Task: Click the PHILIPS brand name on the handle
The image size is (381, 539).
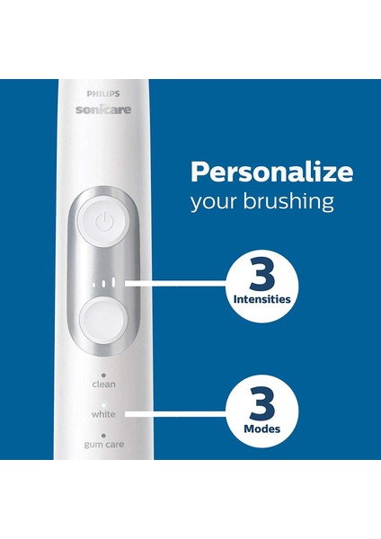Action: [104, 92]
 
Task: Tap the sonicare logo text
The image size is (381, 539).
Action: [104, 109]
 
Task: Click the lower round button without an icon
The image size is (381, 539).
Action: [104, 319]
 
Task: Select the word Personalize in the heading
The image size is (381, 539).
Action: [270, 171]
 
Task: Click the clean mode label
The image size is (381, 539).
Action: [104, 384]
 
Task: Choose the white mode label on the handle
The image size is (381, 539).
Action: [104, 414]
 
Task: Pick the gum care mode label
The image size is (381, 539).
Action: [104, 445]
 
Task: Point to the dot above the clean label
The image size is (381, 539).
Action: [104, 374]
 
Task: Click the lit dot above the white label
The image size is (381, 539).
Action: [104, 404]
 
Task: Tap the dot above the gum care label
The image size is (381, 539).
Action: [104, 435]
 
